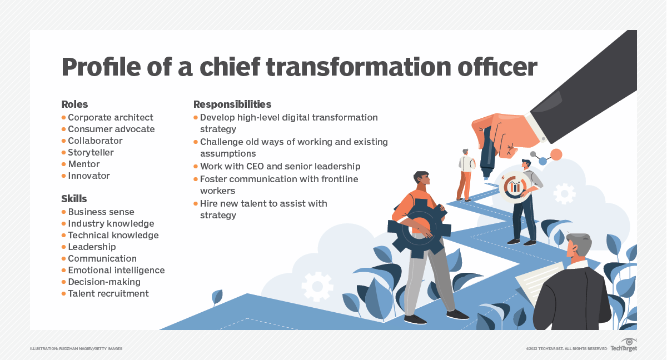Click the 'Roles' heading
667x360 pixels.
coord(74,104)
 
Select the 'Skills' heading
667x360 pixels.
coord(74,199)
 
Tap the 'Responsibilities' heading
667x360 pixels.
coord(232,104)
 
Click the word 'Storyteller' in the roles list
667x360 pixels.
coord(91,153)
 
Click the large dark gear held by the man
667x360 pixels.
coord(419,228)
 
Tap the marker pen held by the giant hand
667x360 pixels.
coord(487,152)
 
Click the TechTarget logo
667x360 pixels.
coord(624,345)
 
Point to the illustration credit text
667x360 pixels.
coord(76,349)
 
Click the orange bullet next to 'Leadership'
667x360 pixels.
coord(63,247)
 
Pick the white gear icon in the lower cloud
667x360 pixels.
coord(317,287)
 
